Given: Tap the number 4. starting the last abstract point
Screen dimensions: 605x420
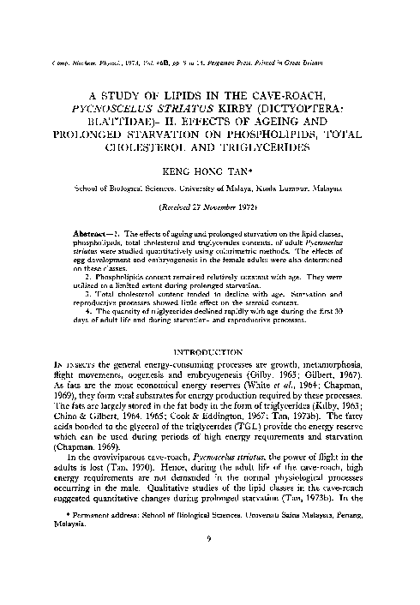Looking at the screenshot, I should tap(96, 343).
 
